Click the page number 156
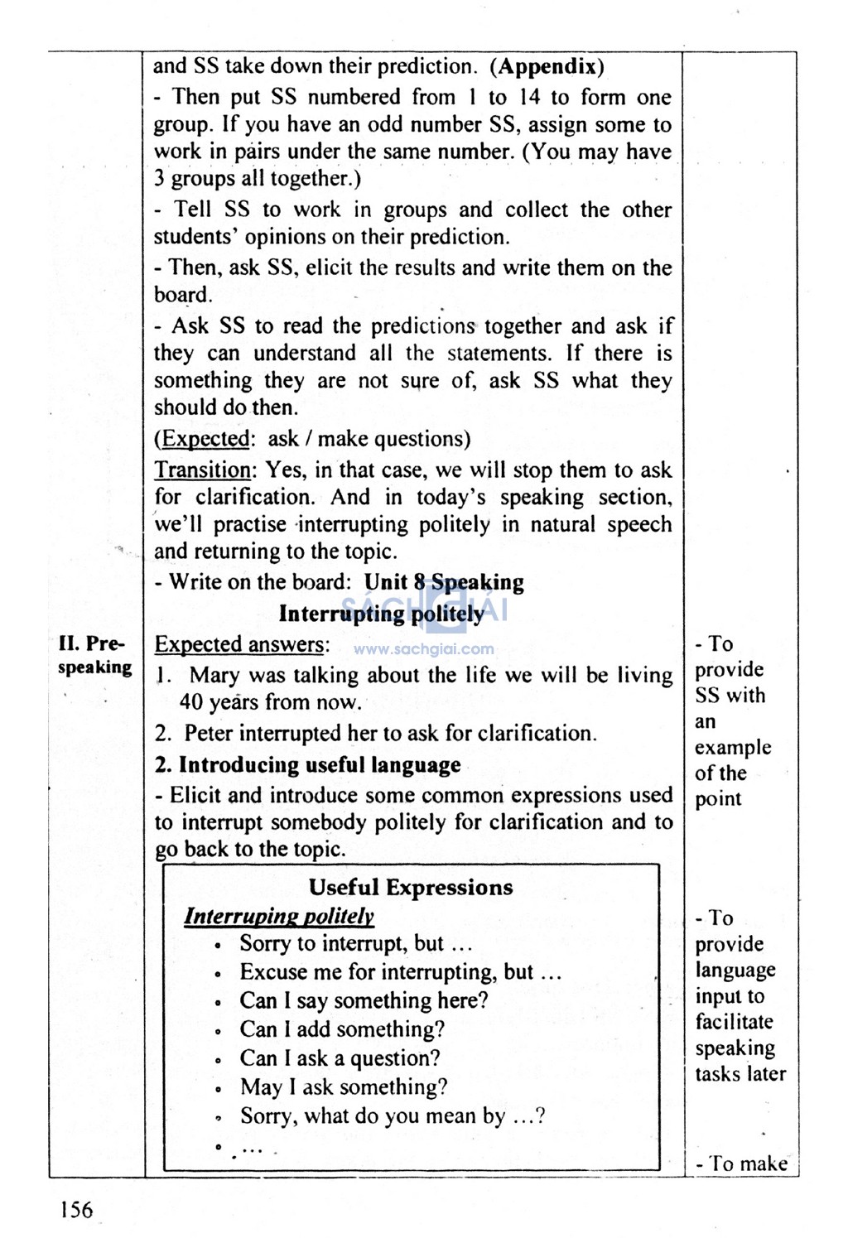(76, 1210)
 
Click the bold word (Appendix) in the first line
(547, 66)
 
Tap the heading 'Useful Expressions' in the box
(411, 888)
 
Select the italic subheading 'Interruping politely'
(279, 916)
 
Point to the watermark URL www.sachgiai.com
(423, 650)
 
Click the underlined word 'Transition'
(203, 470)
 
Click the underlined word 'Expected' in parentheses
(205, 439)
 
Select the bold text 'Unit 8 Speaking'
(444, 582)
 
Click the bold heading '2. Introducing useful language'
(307, 764)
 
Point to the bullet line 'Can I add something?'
(342, 1029)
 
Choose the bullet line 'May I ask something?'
(344, 1087)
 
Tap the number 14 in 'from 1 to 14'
(529, 97)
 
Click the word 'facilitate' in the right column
(734, 1022)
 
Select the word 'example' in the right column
(733, 747)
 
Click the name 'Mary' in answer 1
(214, 676)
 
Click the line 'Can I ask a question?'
(340, 1058)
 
